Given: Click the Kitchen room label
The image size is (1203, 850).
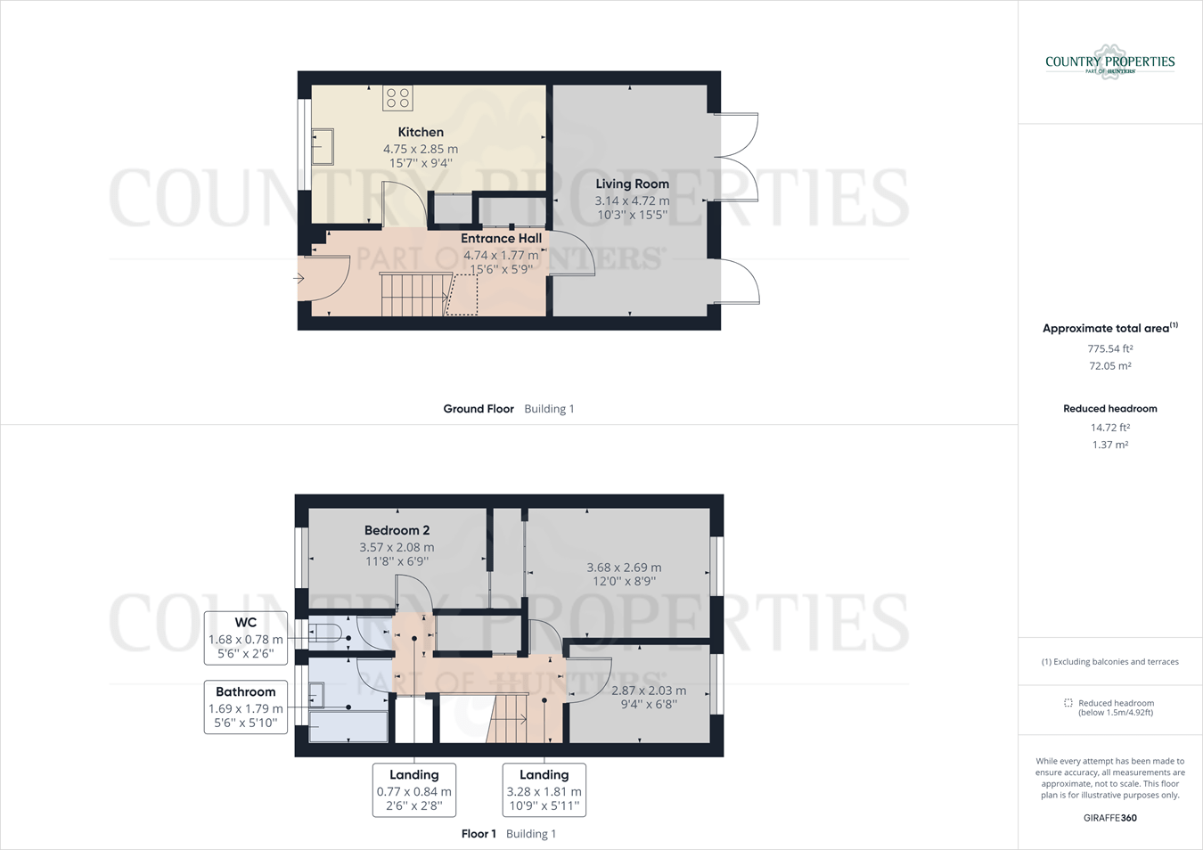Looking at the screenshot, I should coord(421,132).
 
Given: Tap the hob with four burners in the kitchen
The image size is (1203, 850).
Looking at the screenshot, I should coord(397,98).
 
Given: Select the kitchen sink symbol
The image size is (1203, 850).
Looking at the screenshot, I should coord(322,147).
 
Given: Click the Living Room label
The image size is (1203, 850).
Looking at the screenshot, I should coord(632,184).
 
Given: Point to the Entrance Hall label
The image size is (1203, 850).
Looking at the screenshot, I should coord(501,238).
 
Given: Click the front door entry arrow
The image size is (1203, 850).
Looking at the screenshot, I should coord(299,279).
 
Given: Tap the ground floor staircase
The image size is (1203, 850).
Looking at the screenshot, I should coord(413,295).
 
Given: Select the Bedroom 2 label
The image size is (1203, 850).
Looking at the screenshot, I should coord(397,530).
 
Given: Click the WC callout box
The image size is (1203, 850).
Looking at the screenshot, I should coord(246,638).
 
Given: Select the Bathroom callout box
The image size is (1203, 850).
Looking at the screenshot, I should coord(246,707).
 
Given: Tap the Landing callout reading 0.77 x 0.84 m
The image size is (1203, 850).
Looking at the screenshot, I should coord(414,789).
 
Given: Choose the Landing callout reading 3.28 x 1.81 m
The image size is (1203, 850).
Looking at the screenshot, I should coord(544,789).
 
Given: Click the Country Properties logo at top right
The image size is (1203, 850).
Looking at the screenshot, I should coord(1109,62).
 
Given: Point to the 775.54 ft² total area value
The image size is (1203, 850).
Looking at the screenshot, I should coord(1109,349).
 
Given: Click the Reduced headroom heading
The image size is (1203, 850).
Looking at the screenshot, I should coord(1109,409).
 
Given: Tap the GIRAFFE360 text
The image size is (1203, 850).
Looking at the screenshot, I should coord(1109,818).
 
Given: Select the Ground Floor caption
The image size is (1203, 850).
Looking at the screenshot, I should coord(479,409).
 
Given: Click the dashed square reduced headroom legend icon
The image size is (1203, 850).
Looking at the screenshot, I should coord(1068,704).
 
